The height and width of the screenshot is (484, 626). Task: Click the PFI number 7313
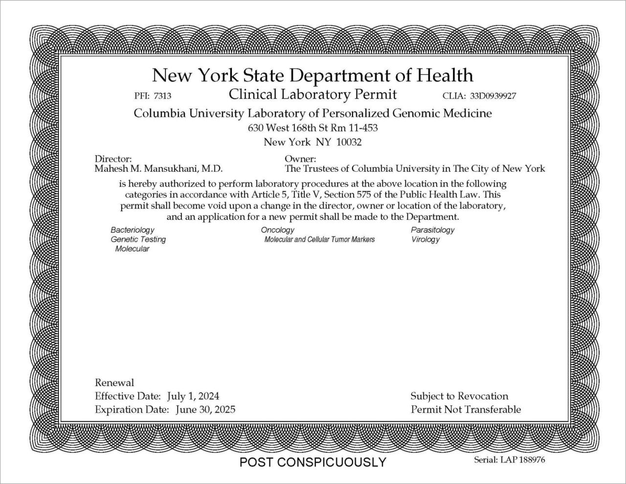(162, 96)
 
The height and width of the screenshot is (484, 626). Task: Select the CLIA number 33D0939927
(493, 96)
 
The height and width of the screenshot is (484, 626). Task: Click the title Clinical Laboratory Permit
(313, 94)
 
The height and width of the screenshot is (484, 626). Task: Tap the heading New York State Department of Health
(313, 75)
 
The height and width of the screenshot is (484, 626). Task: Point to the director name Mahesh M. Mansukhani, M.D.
(158, 169)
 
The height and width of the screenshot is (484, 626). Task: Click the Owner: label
(300, 159)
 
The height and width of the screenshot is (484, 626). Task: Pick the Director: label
(113, 159)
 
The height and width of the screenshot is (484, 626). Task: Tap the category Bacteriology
(132, 230)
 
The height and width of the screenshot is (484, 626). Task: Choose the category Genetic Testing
(138, 239)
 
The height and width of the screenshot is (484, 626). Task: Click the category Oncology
(277, 230)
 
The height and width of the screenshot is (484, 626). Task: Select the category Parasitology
(432, 230)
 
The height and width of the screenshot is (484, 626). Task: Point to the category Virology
(425, 239)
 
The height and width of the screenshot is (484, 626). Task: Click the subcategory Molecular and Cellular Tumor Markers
(319, 239)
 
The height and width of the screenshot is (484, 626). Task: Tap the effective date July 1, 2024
(193, 396)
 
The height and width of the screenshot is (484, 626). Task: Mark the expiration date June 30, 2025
(205, 409)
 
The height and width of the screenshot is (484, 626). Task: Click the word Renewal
(114, 383)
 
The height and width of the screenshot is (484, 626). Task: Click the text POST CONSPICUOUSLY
(313, 462)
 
